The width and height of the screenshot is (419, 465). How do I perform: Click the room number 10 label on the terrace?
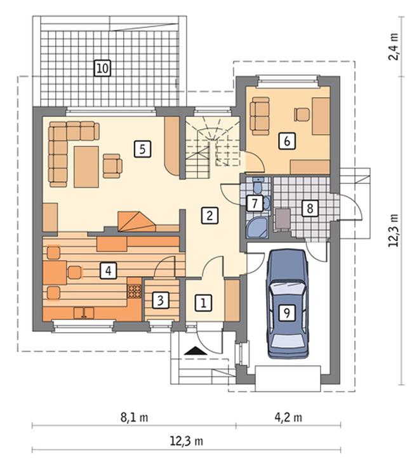point(102,68)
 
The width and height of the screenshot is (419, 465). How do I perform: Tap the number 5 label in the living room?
point(142,149)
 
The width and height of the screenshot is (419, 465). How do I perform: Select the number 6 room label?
point(287,141)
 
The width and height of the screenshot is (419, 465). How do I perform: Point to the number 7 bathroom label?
point(255,204)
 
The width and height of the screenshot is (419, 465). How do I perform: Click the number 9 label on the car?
point(287,313)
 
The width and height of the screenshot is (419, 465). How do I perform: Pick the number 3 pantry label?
point(161,300)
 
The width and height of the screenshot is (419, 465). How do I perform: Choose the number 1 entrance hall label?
point(204,303)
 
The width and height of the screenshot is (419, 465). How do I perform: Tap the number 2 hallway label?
point(209,215)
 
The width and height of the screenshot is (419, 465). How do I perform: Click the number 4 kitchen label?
point(109,271)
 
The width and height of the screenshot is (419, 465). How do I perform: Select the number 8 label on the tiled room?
point(310,208)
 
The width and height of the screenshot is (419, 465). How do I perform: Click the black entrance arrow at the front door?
point(195,351)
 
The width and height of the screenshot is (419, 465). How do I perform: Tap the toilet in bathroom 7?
point(258,185)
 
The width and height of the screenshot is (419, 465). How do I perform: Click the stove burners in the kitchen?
point(135,291)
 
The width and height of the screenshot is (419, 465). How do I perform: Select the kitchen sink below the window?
point(84,313)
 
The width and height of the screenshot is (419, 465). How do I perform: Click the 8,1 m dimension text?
point(134,417)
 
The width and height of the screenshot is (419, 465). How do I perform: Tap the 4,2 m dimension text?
point(288,417)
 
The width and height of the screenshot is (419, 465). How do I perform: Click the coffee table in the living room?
point(86,167)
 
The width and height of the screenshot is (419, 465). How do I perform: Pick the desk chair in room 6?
point(302,114)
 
